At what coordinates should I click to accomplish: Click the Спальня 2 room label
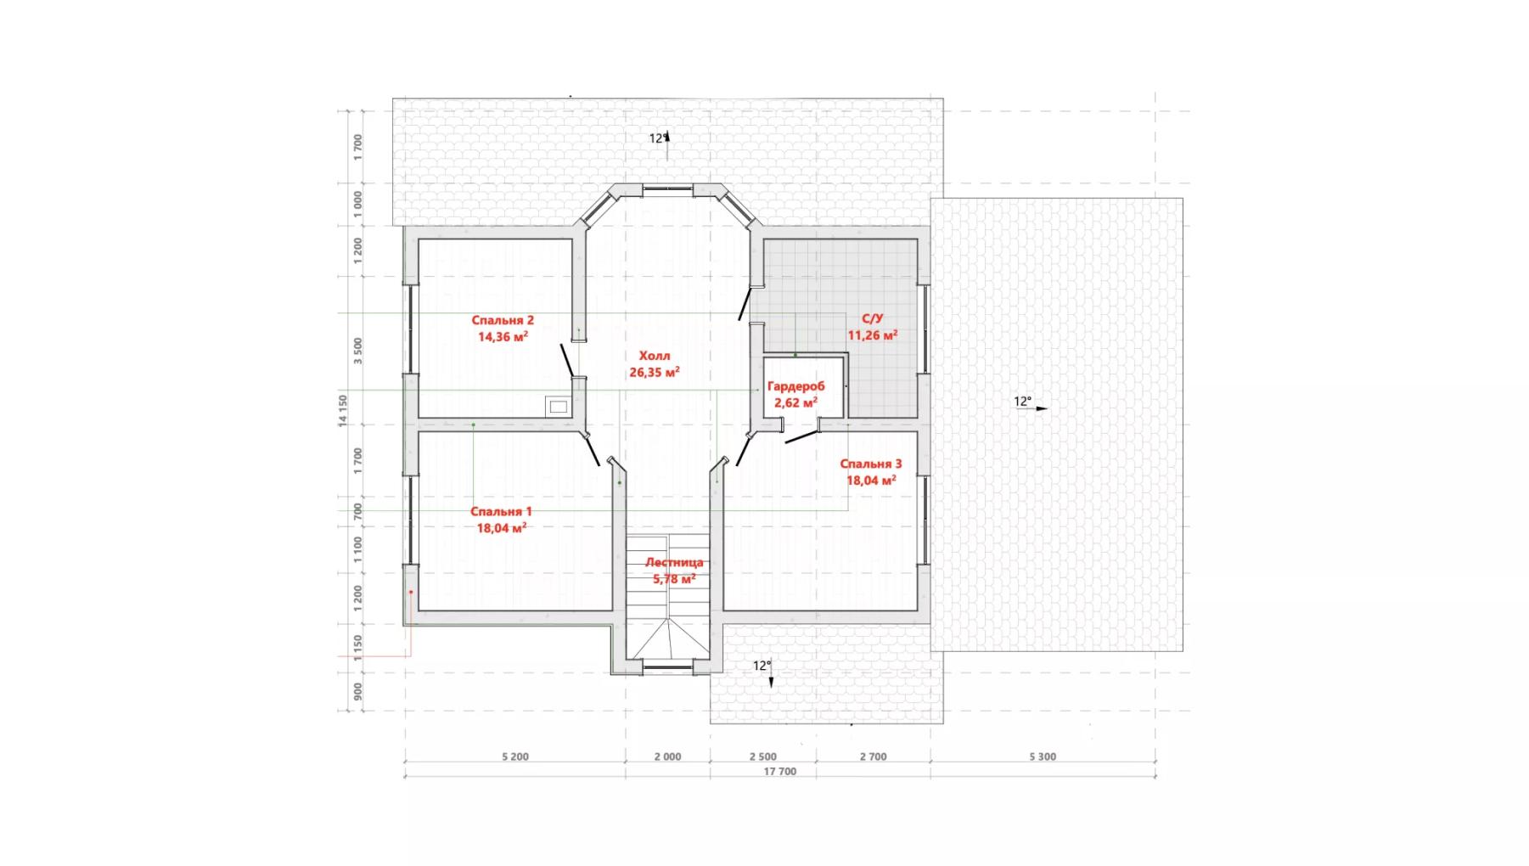click(x=503, y=320)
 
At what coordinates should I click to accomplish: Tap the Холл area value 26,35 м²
click(x=655, y=372)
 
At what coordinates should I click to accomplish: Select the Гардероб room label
click(x=795, y=386)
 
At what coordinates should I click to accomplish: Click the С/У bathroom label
click(x=873, y=318)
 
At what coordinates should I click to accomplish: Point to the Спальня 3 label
click(x=871, y=464)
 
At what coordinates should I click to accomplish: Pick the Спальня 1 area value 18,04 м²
click(x=502, y=528)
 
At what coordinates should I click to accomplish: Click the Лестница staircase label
click(x=674, y=562)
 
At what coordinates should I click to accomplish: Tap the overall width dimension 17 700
click(x=780, y=772)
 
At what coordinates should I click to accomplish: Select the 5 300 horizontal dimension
click(x=1043, y=756)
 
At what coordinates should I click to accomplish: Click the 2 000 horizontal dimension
click(x=668, y=756)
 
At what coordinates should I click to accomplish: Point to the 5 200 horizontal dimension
click(x=515, y=756)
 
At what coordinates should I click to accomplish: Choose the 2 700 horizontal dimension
click(x=873, y=756)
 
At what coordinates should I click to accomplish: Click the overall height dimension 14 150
click(x=343, y=410)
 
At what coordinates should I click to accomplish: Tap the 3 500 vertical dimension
click(x=358, y=351)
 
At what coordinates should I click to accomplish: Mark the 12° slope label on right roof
click(x=1023, y=402)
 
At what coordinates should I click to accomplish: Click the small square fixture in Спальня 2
click(x=558, y=408)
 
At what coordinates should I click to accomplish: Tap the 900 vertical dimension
click(x=358, y=692)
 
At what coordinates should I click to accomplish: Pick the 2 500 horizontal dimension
click(x=763, y=756)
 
